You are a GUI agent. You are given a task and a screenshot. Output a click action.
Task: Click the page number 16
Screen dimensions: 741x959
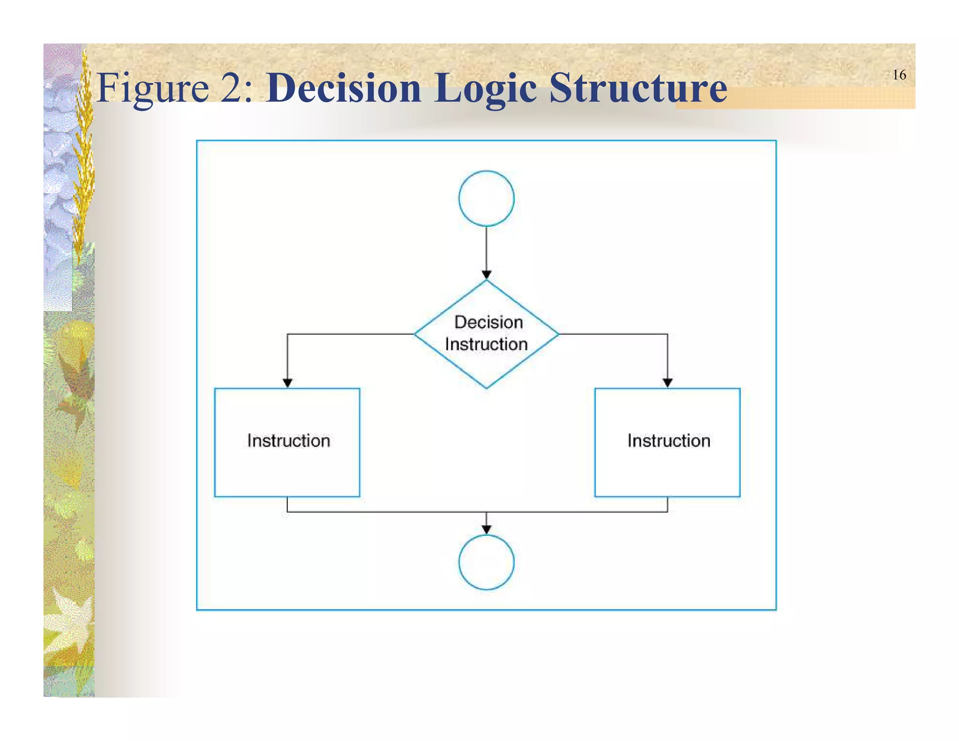pos(899,75)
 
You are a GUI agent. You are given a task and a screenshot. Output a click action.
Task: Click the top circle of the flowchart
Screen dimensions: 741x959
pos(486,198)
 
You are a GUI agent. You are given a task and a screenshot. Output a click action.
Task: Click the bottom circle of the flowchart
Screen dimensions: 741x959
pos(486,562)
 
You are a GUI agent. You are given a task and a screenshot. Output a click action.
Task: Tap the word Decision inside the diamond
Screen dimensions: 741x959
pos(488,322)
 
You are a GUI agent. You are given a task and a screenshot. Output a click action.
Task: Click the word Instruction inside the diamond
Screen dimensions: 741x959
pos(486,344)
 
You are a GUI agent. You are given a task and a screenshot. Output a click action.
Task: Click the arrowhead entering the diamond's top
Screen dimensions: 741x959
pos(486,275)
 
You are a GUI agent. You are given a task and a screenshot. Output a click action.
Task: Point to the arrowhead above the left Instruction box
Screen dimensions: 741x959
pos(288,383)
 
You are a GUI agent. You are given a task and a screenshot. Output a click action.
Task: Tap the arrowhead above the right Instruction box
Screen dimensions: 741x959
pos(667,383)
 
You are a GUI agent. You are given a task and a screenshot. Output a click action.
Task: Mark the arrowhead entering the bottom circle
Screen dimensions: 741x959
pos(486,529)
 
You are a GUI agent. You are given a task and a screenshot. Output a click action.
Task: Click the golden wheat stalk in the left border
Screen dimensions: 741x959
pos(84,155)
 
